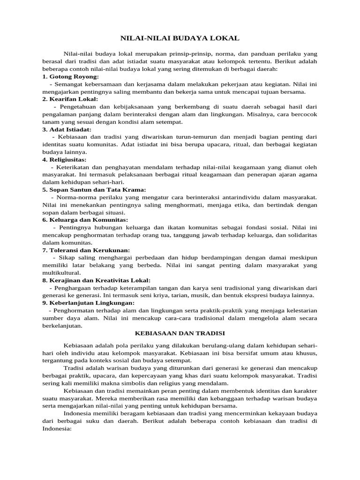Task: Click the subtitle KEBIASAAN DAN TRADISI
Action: (180, 333)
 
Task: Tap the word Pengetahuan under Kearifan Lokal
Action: (80, 107)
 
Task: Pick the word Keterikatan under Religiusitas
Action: (75, 167)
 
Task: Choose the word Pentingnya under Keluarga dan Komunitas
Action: (76, 227)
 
